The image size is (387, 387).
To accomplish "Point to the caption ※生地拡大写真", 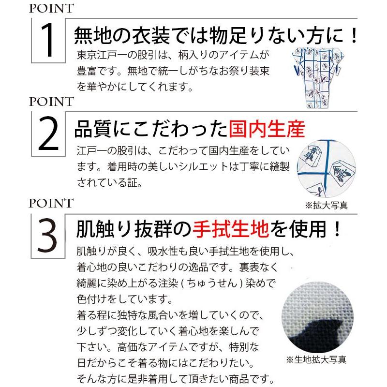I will coord(316,360).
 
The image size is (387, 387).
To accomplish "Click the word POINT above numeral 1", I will coord(51,9).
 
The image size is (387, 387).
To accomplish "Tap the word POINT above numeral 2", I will coord(51,102).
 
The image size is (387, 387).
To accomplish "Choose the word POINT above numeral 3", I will coord(51,202).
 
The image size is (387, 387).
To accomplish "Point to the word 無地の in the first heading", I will coord(97,36).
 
